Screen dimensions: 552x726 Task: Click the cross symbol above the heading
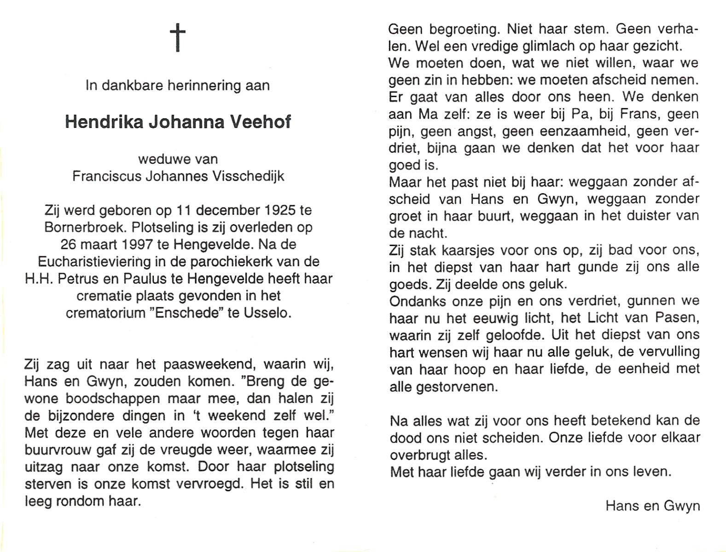(x=177, y=37)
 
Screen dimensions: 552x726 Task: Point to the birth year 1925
(x=280, y=211)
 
